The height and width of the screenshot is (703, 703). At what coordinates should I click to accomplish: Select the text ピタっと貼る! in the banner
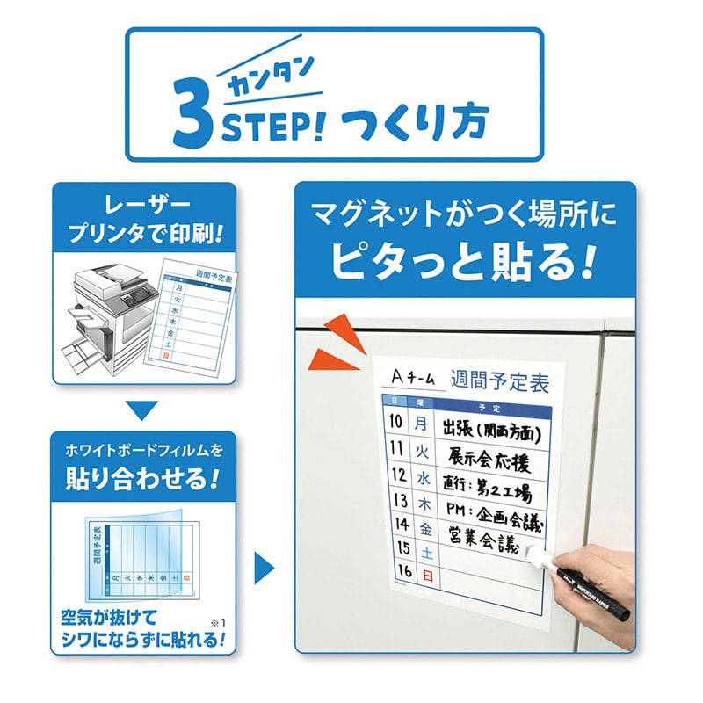click(463, 260)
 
